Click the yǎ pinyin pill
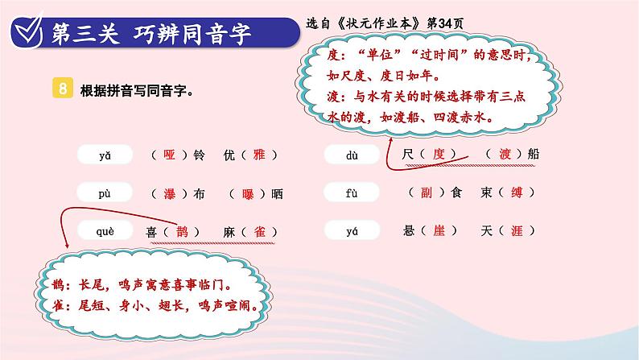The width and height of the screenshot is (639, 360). (x=105, y=155)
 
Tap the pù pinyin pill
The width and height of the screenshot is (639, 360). (x=105, y=192)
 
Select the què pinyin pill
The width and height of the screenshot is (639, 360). (x=105, y=231)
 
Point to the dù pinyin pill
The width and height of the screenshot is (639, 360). (x=352, y=155)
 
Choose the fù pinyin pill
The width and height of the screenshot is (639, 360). (x=352, y=192)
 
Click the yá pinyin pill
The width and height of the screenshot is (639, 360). (x=352, y=231)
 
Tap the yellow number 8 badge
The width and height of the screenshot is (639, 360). (x=63, y=88)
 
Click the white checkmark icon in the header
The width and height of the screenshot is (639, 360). (x=27, y=30)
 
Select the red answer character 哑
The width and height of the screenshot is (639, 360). (x=169, y=155)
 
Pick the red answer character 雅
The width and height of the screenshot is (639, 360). (x=259, y=155)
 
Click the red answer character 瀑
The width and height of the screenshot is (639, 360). (x=170, y=193)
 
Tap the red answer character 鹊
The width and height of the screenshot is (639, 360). (x=182, y=232)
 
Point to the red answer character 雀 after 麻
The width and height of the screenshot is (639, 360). (x=260, y=232)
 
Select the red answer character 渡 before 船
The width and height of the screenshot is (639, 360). (x=505, y=154)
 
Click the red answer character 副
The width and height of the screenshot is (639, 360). (x=427, y=192)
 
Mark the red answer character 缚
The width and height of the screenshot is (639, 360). (x=517, y=192)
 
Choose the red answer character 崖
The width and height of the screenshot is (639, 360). (x=439, y=230)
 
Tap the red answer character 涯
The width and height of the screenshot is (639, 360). (x=517, y=230)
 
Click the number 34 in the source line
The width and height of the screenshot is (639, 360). (x=445, y=23)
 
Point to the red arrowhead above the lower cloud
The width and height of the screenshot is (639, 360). (x=67, y=245)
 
